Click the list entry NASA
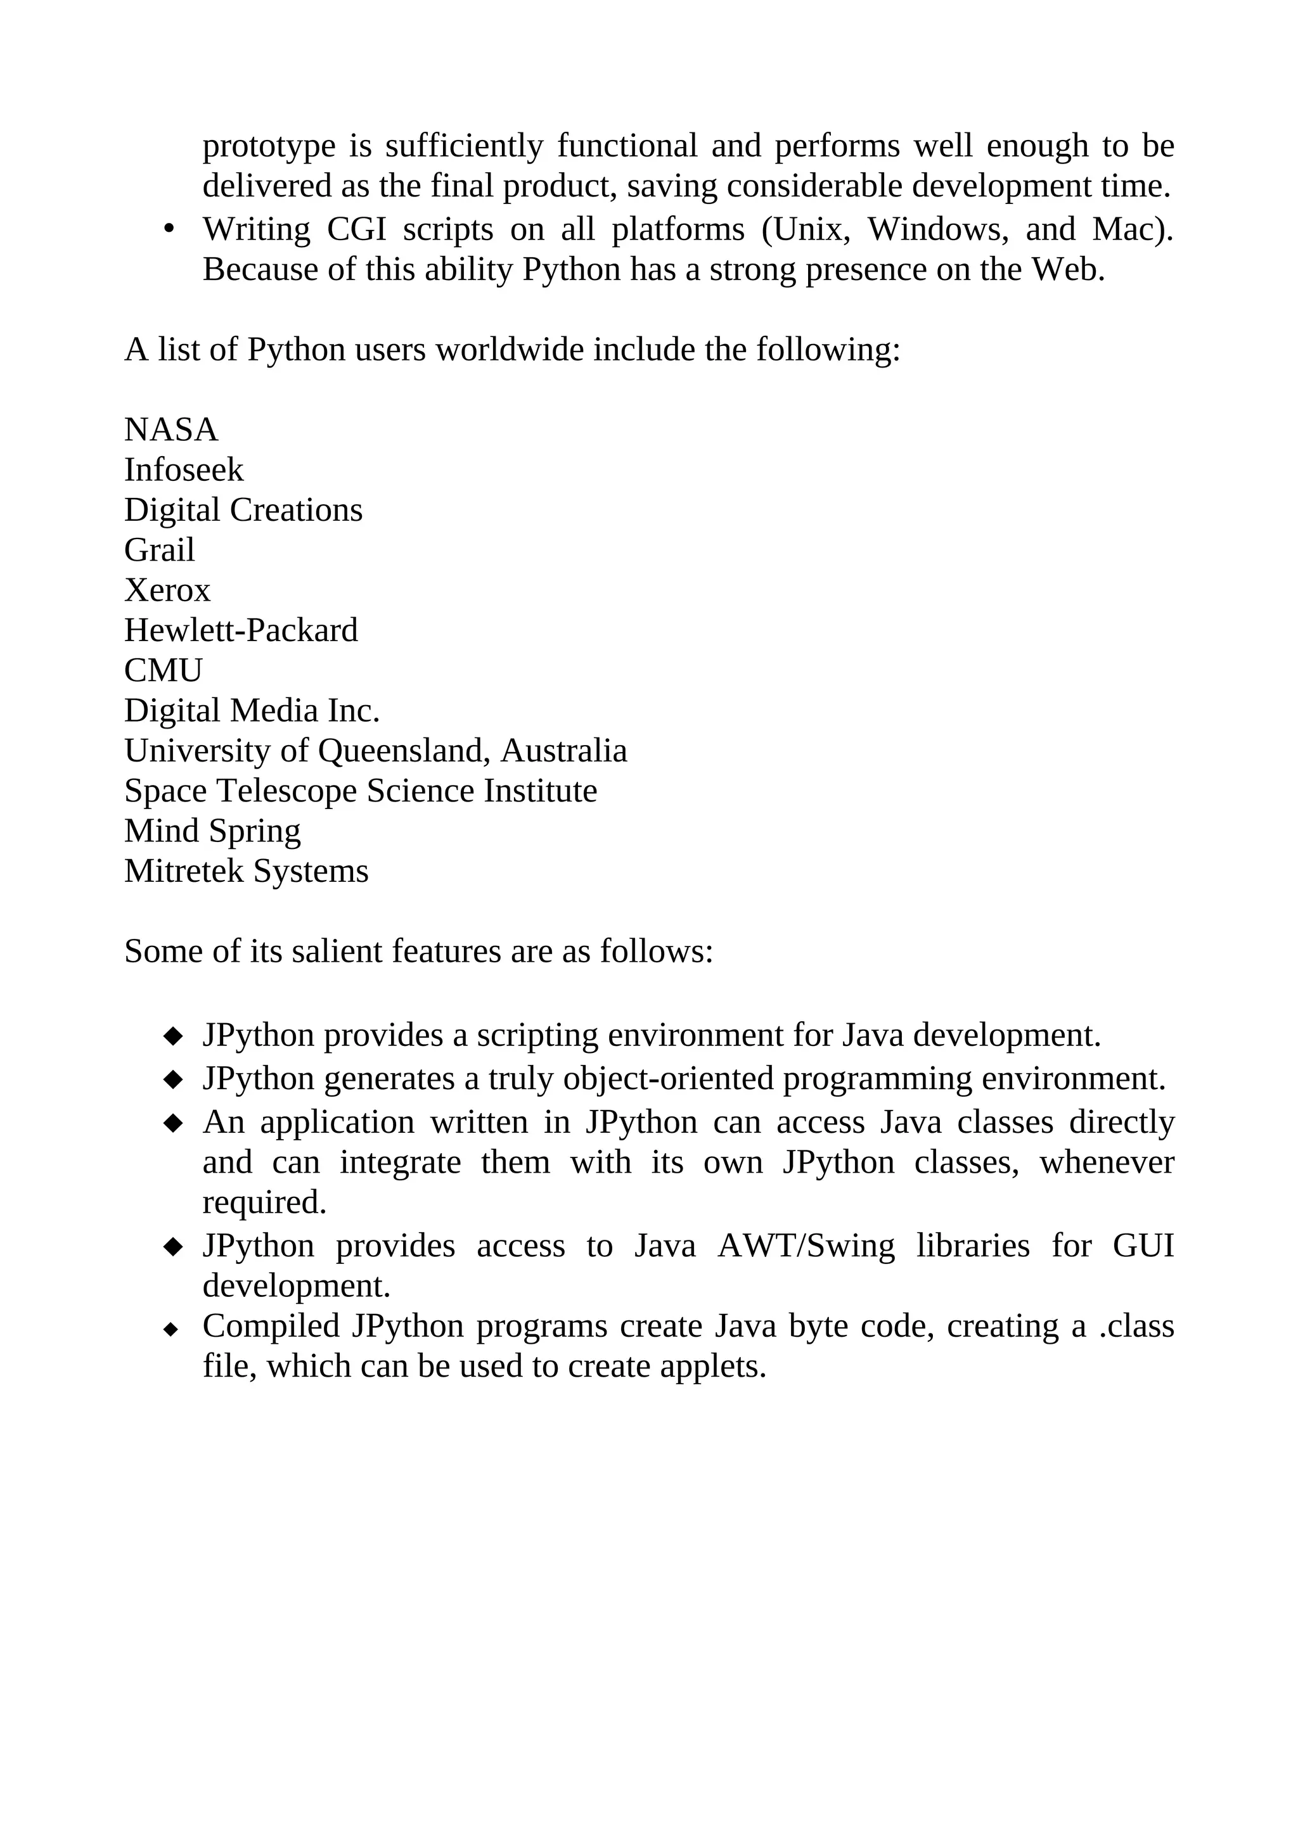[170, 430]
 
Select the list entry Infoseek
[183, 470]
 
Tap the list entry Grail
[159, 550]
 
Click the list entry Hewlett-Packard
[241, 631]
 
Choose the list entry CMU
[163, 671]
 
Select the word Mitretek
[183, 872]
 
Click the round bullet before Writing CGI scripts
[168, 229]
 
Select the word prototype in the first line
[269, 146]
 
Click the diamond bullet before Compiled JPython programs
[170, 1329]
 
